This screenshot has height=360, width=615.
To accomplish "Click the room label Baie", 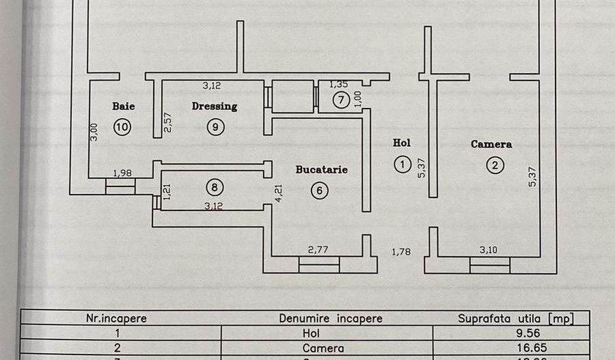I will pos(124,106).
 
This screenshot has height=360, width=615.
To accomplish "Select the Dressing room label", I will pos(215,106).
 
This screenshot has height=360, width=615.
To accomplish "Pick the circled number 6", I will pos(319,191).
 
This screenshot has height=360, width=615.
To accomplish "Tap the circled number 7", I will pos(341,100).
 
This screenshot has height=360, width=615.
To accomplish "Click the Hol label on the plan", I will pos(402,143).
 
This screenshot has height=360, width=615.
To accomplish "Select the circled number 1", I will pos(402,164).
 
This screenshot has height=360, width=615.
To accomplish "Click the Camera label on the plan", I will pos(491,144).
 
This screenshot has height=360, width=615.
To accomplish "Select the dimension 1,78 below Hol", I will pos(401,252).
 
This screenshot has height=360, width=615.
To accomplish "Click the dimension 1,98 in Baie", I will pos(122,173).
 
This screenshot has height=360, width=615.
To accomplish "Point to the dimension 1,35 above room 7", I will pos(339,85).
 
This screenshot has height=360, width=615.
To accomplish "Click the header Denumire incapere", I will pos(331,318).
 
